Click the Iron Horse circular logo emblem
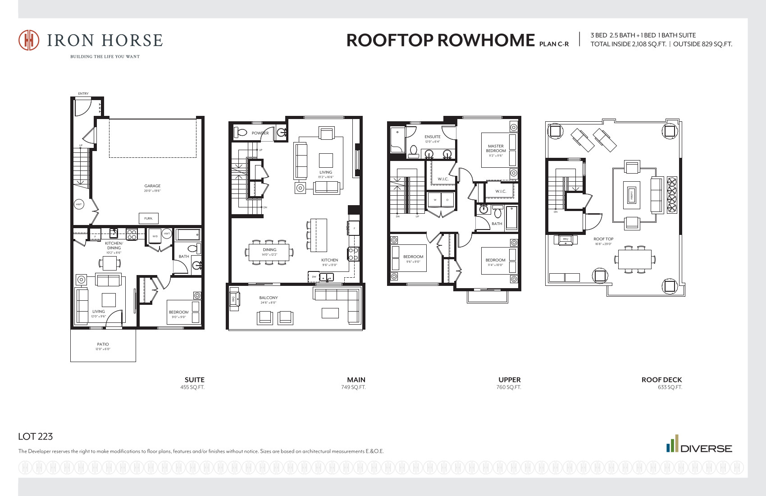[28, 40]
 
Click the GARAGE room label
[152, 186]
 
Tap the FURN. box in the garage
[148, 218]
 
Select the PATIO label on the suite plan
[103, 344]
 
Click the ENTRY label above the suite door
[83, 94]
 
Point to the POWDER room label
[260, 133]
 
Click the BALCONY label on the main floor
[269, 298]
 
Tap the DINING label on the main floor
[269, 249]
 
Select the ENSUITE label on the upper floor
[432, 137]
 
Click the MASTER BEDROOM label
[496, 148]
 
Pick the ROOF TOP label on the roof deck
[603, 239]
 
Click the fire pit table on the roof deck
[632, 195]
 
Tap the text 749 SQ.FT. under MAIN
[353, 387]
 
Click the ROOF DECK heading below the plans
[661, 380]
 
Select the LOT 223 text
[36, 436]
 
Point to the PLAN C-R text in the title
[554, 44]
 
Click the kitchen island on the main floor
[319, 235]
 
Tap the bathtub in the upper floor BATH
[511, 218]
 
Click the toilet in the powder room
[242, 133]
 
